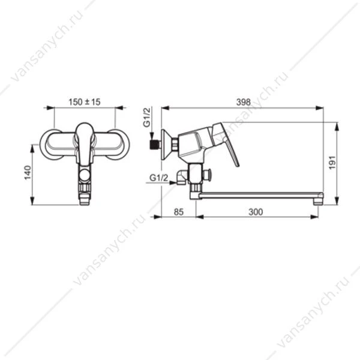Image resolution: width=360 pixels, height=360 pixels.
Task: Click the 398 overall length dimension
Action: [x=244, y=102]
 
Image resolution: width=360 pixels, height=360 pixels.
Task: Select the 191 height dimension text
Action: [x=332, y=163]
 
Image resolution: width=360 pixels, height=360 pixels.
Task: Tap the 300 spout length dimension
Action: [x=256, y=212]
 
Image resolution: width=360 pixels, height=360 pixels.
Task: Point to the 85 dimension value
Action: [x=179, y=212]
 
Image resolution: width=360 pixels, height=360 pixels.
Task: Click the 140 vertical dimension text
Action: [x=28, y=173]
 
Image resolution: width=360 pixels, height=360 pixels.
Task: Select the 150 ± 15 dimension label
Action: [x=85, y=102]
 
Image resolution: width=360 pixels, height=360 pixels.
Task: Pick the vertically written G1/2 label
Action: [x=147, y=117]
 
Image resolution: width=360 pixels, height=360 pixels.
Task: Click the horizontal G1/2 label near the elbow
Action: [x=158, y=178]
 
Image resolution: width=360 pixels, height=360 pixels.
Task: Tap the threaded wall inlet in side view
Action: [x=155, y=145]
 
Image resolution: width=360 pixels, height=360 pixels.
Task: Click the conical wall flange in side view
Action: [x=166, y=145]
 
